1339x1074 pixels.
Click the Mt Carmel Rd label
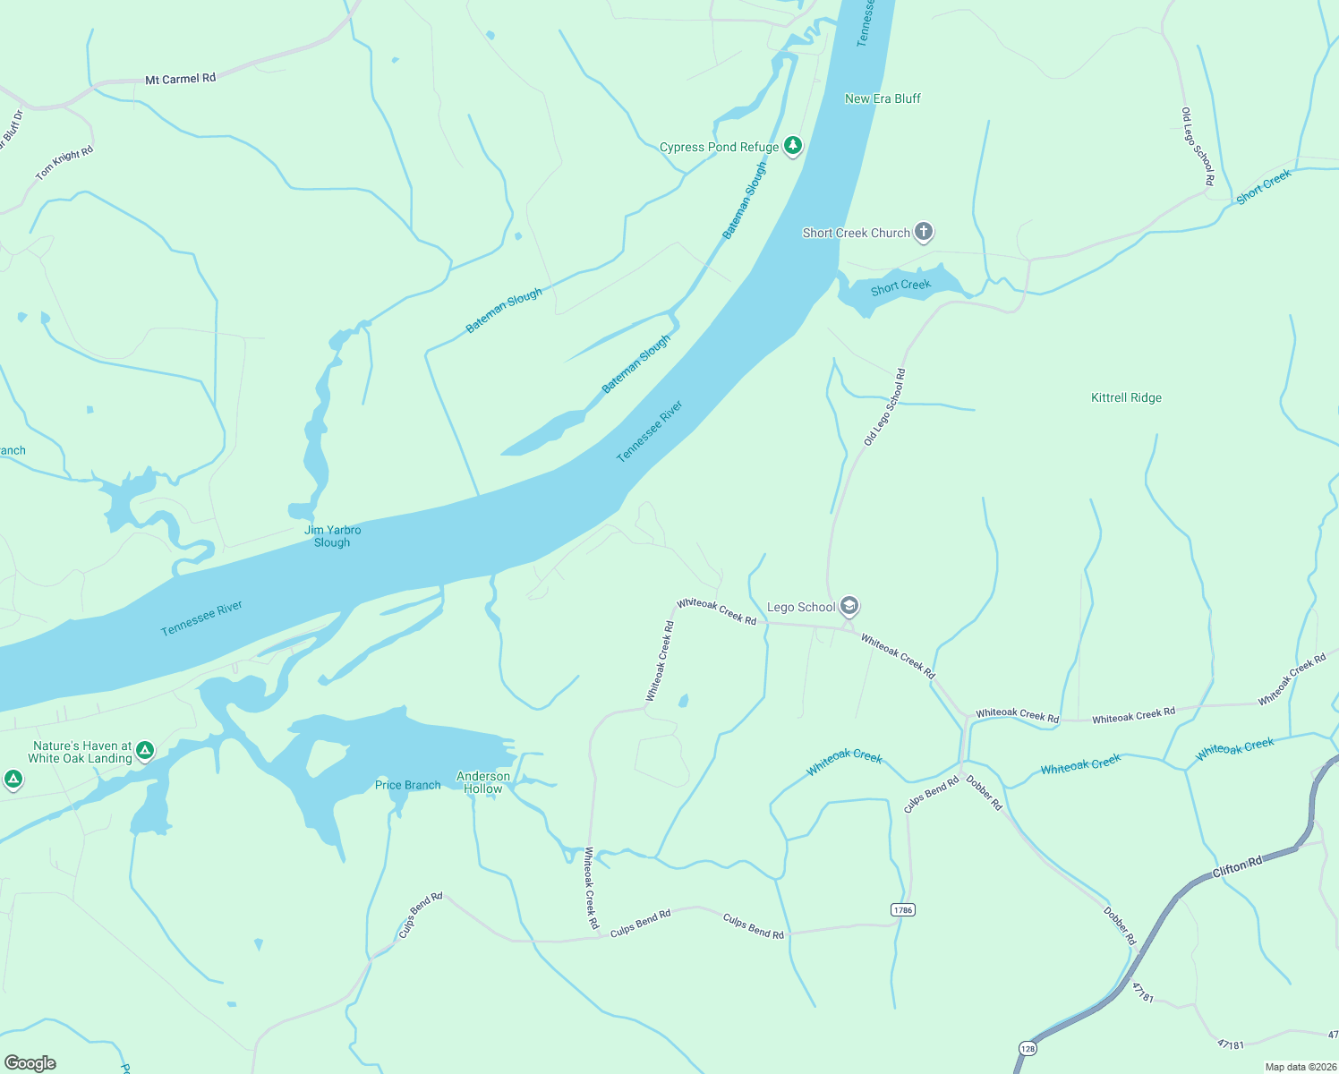point(180,79)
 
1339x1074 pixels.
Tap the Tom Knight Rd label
point(64,163)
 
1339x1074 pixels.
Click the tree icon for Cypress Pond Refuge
point(792,145)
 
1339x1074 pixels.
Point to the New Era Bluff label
point(883,98)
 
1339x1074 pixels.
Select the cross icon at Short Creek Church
point(924,233)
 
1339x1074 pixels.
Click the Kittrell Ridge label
point(1126,398)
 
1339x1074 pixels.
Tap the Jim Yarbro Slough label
point(332,536)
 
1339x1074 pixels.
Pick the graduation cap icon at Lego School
point(849,607)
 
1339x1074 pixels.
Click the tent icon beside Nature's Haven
point(145,751)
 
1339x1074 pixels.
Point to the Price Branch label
point(407,785)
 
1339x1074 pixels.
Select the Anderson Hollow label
point(483,782)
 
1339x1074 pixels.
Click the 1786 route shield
point(902,910)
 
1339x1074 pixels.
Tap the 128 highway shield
point(1027,1048)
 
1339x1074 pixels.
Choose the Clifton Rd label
point(1237,867)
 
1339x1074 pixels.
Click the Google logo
point(30,1063)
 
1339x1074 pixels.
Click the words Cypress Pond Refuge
point(719,147)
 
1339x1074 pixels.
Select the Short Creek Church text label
point(856,233)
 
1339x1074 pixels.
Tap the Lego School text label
point(801,607)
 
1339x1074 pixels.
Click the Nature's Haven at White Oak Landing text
point(81,752)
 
